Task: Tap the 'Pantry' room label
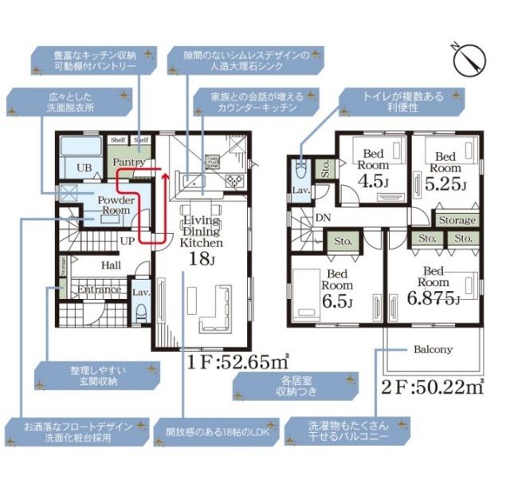click(x=128, y=162)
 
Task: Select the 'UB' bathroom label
click(x=83, y=167)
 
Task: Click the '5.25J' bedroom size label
click(x=445, y=185)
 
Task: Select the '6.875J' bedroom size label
click(x=435, y=300)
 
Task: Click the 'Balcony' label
click(x=432, y=349)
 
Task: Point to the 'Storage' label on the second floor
click(x=457, y=220)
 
